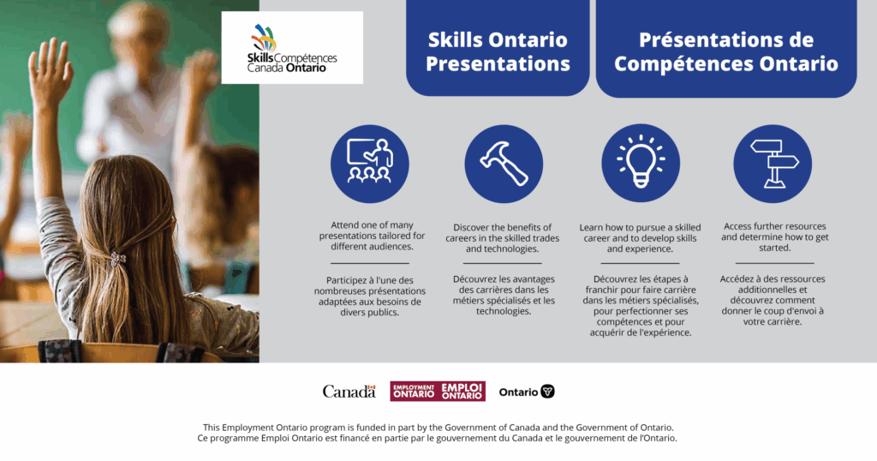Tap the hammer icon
[x=504, y=164]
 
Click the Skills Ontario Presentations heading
[x=498, y=51]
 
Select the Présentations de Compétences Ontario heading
[x=726, y=51]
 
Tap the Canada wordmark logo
[x=349, y=391]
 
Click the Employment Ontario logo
[x=438, y=391]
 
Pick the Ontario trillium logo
[x=527, y=392]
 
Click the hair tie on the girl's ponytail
[x=117, y=259]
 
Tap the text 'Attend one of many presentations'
[x=372, y=230]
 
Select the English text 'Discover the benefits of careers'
[x=502, y=233]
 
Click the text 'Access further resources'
[x=774, y=226]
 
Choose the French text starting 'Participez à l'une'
[x=370, y=296]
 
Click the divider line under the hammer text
[x=502, y=263]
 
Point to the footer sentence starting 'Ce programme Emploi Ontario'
[x=438, y=438]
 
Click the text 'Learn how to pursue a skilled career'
[x=640, y=233]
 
